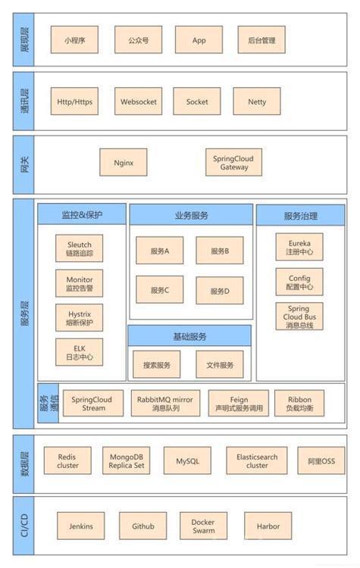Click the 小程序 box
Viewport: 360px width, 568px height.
(74, 40)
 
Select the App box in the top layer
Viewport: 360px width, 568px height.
(199, 40)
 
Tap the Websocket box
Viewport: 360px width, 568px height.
(139, 101)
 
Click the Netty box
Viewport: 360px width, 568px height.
(257, 101)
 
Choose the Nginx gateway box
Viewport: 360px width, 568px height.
(124, 163)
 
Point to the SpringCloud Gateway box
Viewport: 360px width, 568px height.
(234, 163)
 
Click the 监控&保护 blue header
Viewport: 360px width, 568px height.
(82, 214)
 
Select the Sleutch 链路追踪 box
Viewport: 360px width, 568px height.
(79, 248)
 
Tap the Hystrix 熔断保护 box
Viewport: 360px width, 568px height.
(79, 317)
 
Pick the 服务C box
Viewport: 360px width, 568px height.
(159, 290)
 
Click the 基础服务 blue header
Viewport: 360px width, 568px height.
(189, 336)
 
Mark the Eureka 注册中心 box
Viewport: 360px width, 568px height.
(299, 247)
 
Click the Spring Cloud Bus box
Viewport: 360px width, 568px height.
(299, 317)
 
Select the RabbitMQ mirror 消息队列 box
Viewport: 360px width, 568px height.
(165, 403)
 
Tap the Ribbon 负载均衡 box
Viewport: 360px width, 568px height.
(299, 403)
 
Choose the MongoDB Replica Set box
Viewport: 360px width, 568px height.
(126, 460)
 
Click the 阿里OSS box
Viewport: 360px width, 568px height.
(321, 460)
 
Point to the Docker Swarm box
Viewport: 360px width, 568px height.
(203, 526)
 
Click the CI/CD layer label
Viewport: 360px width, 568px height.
(23, 526)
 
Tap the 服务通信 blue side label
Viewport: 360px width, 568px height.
(49, 403)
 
